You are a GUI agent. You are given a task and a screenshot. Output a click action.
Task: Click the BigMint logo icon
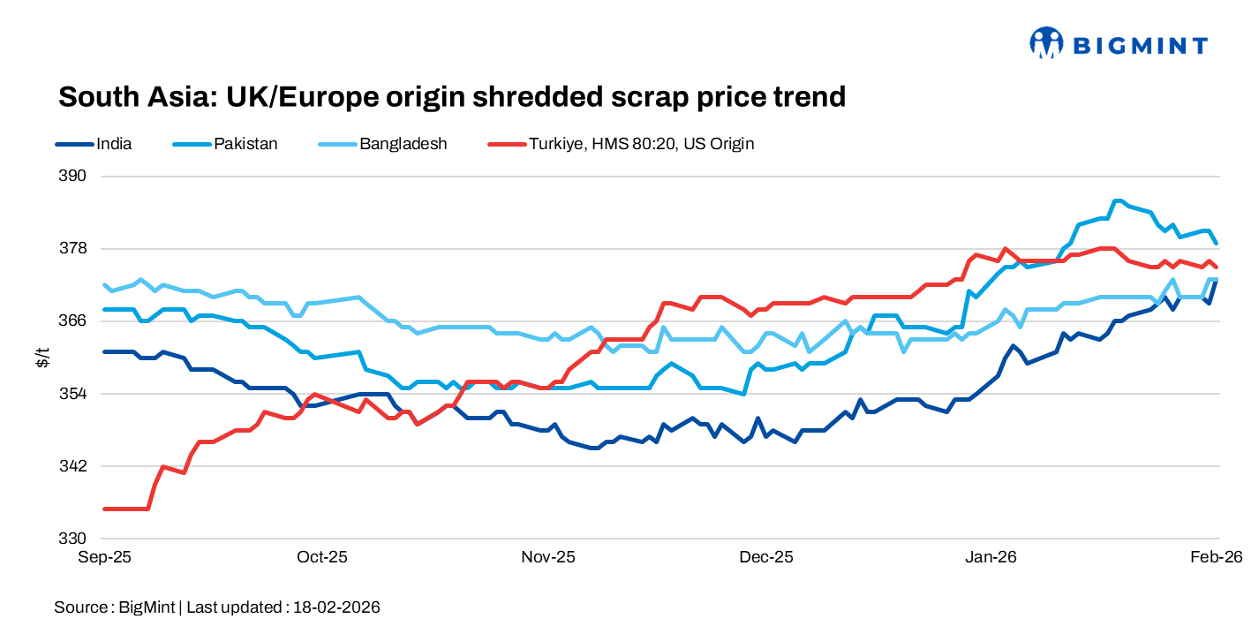point(1046,42)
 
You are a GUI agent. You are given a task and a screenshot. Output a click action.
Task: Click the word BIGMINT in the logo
point(1140,44)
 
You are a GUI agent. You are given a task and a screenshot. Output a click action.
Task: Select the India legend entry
point(114,144)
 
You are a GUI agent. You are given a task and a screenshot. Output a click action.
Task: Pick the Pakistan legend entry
point(245,144)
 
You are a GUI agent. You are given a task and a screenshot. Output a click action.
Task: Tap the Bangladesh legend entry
point(403,144)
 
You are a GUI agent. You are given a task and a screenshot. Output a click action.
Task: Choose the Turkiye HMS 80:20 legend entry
point(641,144)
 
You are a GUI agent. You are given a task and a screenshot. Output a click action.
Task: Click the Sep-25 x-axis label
point(105,557)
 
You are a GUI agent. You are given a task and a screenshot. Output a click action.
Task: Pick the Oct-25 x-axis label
point(322,557)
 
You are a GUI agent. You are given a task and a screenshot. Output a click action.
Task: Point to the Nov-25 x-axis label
point(548,557)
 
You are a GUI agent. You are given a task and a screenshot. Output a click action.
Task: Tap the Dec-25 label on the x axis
point(766,557)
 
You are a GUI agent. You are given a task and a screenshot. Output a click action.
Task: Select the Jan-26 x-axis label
point(991,557)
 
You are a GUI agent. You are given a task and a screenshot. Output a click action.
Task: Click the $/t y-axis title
point(42,357)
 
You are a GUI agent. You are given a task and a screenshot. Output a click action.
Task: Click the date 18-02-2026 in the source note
point(336,607)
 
